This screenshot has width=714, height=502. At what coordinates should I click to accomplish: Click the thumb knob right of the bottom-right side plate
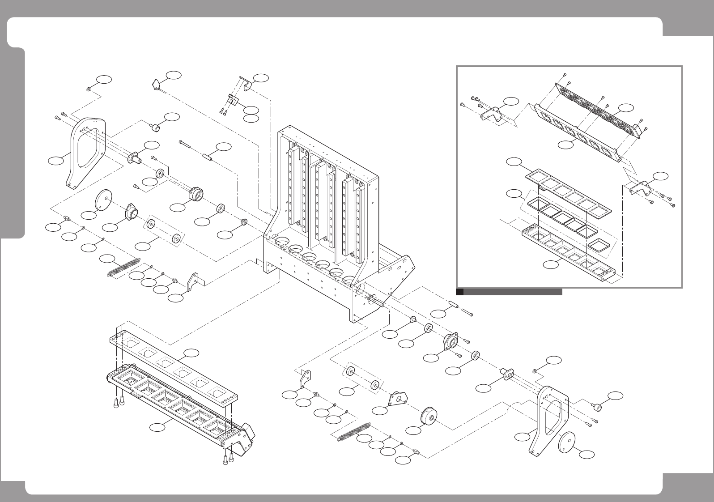(x=598, y=407)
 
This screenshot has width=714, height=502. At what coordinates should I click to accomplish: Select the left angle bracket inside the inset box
(x=490, y=114)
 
